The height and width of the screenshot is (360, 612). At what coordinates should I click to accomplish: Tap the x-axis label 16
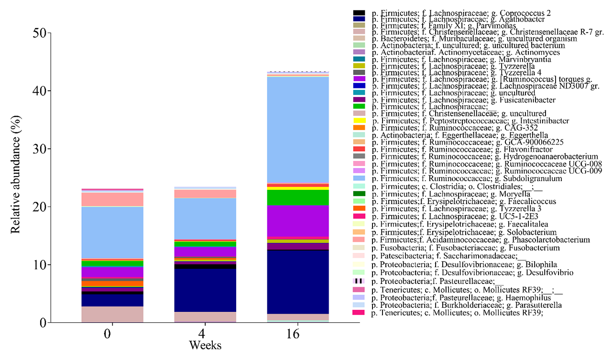click(292, 335)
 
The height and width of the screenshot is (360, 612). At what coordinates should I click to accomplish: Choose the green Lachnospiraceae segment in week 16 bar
click(292, 197)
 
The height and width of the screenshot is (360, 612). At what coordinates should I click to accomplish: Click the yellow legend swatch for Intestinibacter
click(359, 121)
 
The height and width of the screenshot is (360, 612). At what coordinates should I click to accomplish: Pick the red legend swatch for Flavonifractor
click(359, 149)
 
